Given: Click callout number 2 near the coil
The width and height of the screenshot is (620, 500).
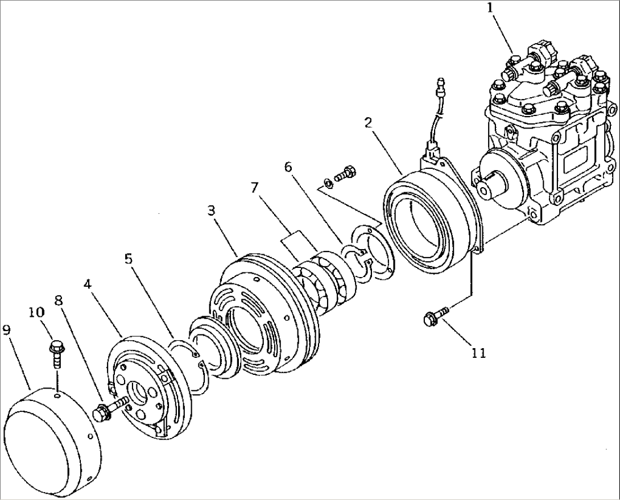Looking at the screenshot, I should [x=369, y=123].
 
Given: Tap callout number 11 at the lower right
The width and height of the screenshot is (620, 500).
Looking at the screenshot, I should [x=478, y=353].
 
